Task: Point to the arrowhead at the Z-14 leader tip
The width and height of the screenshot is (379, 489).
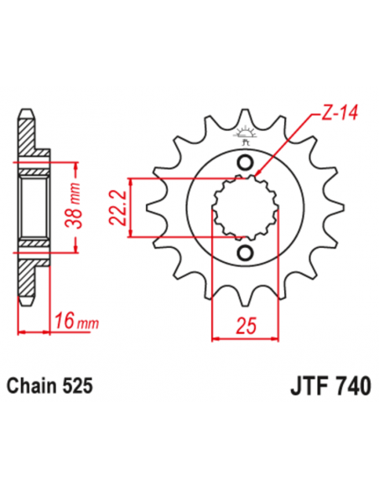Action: coord(257,175)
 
